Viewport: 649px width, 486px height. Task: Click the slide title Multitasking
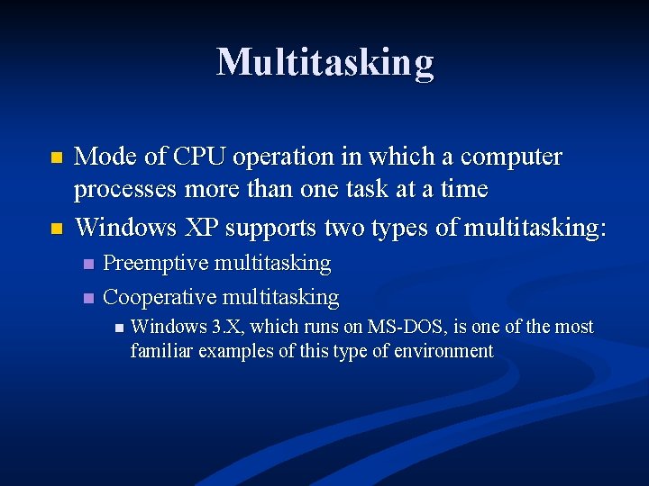[324, 62]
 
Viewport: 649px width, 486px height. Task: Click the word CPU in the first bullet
[197, 157]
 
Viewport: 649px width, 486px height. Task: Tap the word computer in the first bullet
[511, 157]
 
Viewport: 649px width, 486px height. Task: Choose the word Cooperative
[160, 297]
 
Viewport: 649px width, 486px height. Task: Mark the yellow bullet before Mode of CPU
[57, 157]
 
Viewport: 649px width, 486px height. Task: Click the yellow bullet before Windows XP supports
[57, 228]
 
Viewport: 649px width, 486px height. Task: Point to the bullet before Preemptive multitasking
[87, 265]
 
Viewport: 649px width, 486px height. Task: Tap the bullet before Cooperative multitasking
[87, 298]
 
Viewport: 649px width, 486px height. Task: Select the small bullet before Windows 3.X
[119, 328]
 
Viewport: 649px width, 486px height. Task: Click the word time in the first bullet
[465, 190]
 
